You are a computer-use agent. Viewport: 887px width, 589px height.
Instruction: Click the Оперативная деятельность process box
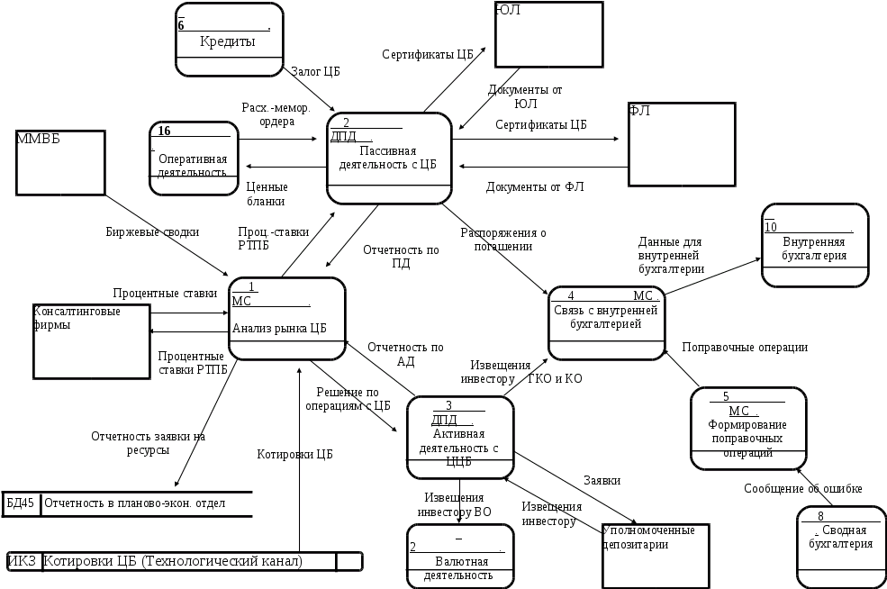tap(193, 159)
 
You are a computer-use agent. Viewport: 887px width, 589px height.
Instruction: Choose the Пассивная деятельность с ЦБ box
tap(389, 159)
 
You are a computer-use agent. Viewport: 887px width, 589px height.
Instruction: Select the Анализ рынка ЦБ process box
tap(287, 318)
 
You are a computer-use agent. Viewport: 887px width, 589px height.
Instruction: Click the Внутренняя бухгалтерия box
tap(815, 245)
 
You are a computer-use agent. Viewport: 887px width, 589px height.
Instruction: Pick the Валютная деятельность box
tap(459, 557)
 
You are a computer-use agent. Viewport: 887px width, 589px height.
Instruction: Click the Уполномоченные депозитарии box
tap(655, 550)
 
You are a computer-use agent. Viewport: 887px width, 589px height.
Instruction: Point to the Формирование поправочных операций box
tap(747, 429)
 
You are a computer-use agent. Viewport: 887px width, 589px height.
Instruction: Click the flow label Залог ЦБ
tap(315, 70)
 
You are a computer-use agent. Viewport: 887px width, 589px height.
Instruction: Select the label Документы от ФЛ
tap(535, 187)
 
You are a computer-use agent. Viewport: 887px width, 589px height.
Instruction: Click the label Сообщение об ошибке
tap(803, 488)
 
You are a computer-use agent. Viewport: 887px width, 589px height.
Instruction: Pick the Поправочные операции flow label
tap(744, 347)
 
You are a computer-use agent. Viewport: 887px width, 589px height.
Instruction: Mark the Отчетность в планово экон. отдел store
tap(126, 503)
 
